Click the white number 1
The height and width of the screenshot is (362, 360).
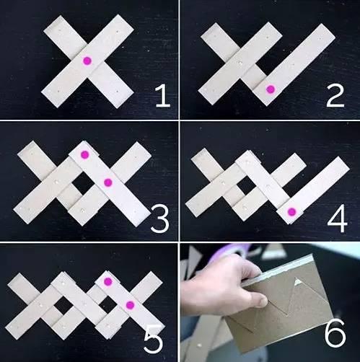pyautogui.click(x=163, y=96)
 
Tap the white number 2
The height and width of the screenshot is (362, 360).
pyautogui.click(x=335, y=96)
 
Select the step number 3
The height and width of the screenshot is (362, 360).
pyautogui.click(x=160, y=221)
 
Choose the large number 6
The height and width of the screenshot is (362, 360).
pyautogui.click(x=335, y=334)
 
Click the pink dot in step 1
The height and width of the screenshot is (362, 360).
pyautogui.click(x=87, y=61)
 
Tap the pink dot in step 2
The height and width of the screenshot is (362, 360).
pyautogui.click(x=271, y=89)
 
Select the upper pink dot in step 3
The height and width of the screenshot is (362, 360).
pyautogui.click(x=84, y=154)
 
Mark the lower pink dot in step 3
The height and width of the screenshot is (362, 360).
pyautogui.click(x=108, y=183)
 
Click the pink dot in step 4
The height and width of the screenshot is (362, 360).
pyautogui.click(x=291, y=212)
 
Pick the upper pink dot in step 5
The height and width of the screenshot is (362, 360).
pyautogui.click(x=107, y=282)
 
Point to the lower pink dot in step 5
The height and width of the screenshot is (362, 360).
pyautogui.click(x=130, y=305)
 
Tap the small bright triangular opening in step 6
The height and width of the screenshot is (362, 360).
pyautogui.click(x=298, y=281)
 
